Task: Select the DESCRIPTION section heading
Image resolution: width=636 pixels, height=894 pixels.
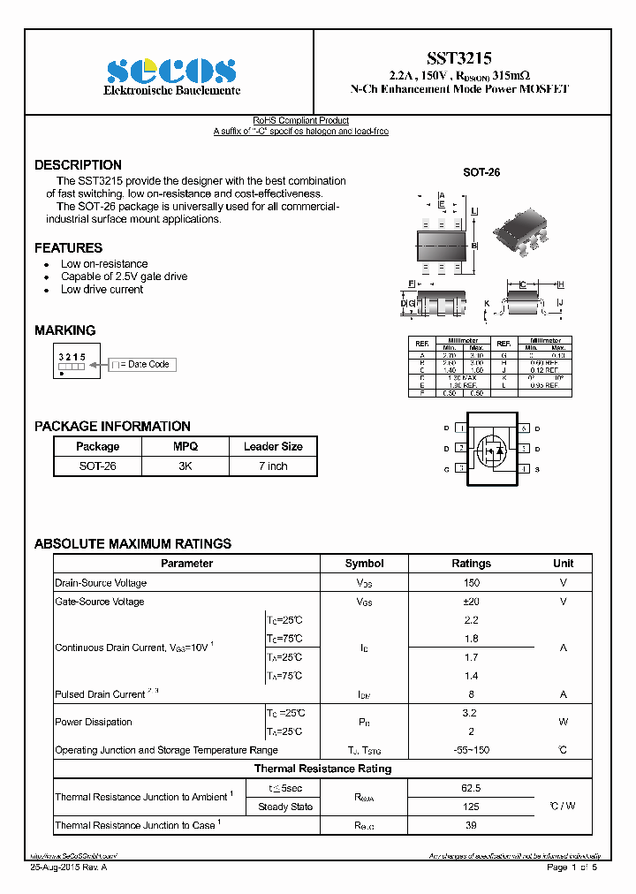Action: coord(78,165)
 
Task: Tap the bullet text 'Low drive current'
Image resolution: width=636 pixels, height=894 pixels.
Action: coord(102,290)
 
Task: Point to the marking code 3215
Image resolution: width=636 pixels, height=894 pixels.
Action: coord(72,356)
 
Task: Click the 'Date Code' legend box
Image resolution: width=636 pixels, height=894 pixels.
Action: coord(141,364)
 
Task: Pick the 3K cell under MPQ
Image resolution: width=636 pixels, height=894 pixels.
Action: coord(185,466)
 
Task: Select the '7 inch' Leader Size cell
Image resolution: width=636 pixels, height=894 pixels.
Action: coord(273,466)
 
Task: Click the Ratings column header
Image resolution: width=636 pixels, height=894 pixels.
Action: coord(471,564)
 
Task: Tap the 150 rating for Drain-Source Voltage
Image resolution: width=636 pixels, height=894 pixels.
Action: coord(471,583)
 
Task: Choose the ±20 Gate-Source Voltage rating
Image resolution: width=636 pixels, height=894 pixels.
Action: coord(471,602)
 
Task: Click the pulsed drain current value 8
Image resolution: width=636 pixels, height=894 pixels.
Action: coord(471,694)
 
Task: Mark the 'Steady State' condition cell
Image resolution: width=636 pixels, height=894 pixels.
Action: coord(284,807)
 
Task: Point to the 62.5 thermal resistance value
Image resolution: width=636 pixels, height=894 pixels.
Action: coord(471,788)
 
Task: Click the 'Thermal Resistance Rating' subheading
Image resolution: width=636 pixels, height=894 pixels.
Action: coord(322,769)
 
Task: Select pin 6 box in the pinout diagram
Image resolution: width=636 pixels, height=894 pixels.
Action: coord(524,428)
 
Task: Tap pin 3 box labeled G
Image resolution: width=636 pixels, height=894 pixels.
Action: coord(460,469)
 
